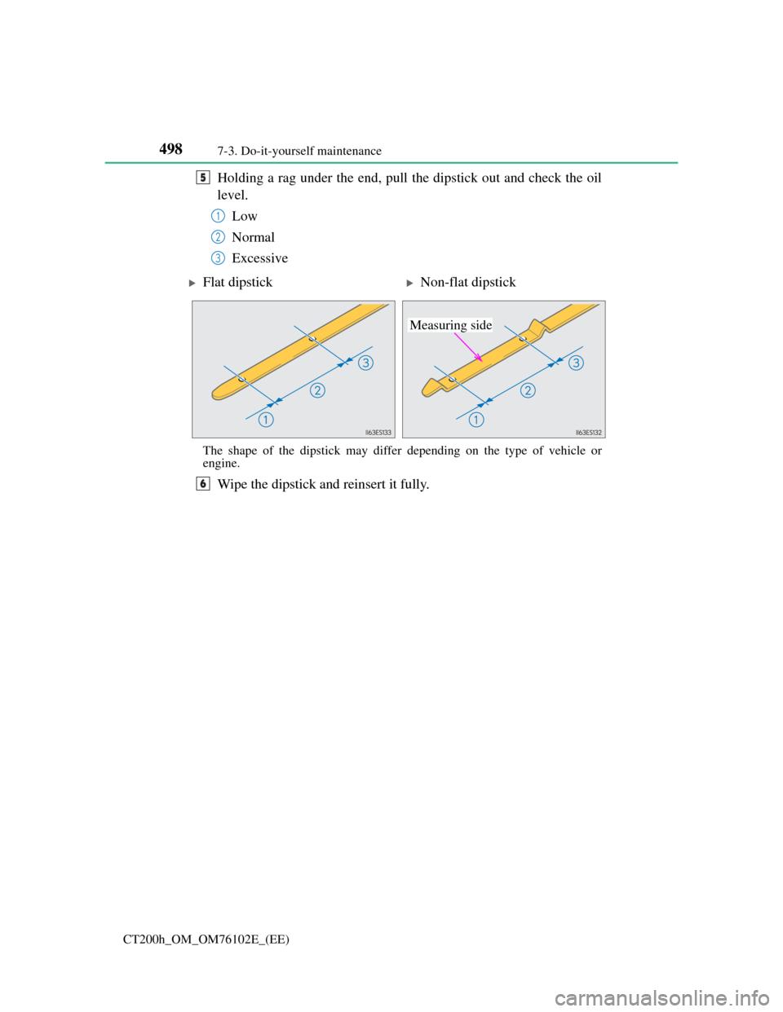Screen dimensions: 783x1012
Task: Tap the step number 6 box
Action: pyautogui.click(x=203, y=483)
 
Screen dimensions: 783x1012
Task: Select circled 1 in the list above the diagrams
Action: pyautogui.click(x=218, y=216)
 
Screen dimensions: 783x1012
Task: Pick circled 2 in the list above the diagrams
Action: pyautogui.click(x=218, y=237)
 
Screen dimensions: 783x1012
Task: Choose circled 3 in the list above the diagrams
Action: pyautogui.click(x=218, y=257)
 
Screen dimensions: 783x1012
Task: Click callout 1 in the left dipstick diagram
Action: pyautogui.click(x=266, y=420)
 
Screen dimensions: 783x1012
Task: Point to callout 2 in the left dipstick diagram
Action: pyautogui.click(x=316, y=391)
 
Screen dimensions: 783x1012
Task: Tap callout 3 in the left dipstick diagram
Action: pyautogui.click(x=365, y=362)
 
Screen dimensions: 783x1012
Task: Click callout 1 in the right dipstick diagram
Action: pyautogui.click(x=476, y=420)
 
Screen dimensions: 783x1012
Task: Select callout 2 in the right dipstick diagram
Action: pyautogui.click(x=528, y=391)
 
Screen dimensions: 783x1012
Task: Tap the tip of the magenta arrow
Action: pyautogui.click(x=482, y=359)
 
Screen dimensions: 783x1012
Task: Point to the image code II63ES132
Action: pyautogui.click(x=588, y=433)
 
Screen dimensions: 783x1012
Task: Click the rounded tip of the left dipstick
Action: pyautogui.click(x=217, y=394)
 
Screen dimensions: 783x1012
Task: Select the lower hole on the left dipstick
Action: pyautogui.click(x=242, y=379)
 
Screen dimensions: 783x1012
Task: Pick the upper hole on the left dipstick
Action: pyautogui.click(x=312, y=339)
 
